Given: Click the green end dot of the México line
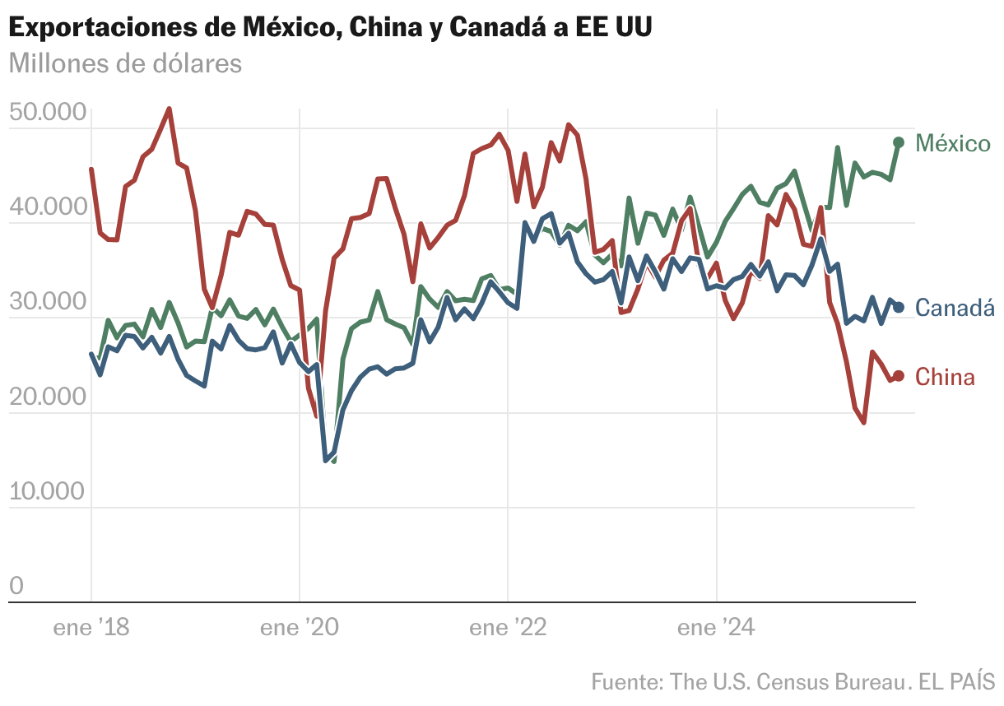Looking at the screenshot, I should (899, 142).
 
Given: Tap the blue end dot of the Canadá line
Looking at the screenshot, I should (899, 307).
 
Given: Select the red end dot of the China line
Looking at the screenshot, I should (899, 376).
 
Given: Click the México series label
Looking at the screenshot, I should (953, 144).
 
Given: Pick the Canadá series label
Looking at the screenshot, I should (955, 308).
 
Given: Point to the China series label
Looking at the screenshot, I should (946, 378).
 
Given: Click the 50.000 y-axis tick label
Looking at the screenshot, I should (47, 112).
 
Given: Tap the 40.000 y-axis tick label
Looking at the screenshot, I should (47, 207).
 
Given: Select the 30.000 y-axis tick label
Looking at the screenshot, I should (47, 302).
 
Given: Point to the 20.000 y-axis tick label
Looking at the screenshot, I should (47, 397).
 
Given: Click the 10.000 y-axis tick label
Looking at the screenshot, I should (47, 491).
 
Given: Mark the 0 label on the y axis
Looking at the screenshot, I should (16, 586).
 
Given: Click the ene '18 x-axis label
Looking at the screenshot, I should (91, 628).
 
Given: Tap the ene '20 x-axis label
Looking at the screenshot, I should (300, 628).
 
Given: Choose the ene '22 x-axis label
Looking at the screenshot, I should (509, 628).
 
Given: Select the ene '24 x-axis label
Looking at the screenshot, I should (717, 628).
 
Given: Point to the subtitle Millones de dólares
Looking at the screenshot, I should (125, 63).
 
